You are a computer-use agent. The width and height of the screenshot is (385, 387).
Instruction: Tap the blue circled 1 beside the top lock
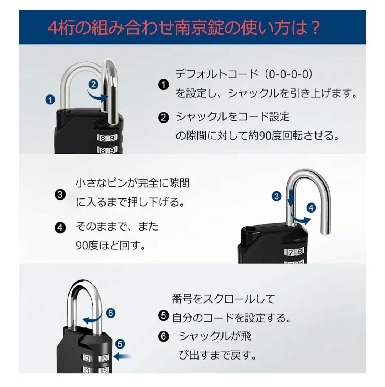50,100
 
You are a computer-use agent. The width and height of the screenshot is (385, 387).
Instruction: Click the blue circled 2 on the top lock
93,85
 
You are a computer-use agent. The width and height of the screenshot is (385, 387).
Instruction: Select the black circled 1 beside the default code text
164,85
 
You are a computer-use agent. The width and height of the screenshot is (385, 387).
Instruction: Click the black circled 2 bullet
164,118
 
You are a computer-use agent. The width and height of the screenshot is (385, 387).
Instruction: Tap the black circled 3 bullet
60,195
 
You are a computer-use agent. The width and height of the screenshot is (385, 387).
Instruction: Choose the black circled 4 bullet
60,228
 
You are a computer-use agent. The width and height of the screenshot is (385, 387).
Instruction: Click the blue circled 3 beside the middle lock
277,196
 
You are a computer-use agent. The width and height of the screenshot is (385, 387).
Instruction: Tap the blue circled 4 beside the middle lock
311,208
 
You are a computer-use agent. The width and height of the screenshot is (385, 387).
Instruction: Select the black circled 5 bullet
164,316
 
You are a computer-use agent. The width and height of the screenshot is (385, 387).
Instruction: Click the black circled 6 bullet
164,336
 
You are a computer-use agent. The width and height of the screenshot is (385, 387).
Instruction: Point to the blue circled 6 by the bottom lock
111,313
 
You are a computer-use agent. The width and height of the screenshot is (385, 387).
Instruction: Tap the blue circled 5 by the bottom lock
120,344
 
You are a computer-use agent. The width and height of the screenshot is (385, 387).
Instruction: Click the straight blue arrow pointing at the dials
123,356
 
